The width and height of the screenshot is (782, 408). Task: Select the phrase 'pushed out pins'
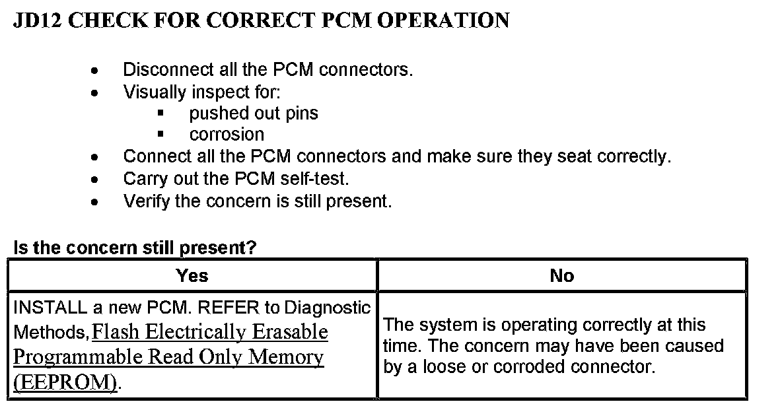pos(253,114)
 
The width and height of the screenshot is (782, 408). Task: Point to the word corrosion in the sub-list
pos(227,135)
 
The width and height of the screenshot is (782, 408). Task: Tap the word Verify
pos(147,201)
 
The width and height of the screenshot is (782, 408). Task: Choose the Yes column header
pos(192,276)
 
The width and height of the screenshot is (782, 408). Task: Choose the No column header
pos(561,276)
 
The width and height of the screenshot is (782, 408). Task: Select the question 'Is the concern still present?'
pos(135,248)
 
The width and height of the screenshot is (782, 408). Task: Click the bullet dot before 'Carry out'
pos(96,180)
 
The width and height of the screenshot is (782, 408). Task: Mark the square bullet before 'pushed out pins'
pos(160,114)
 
